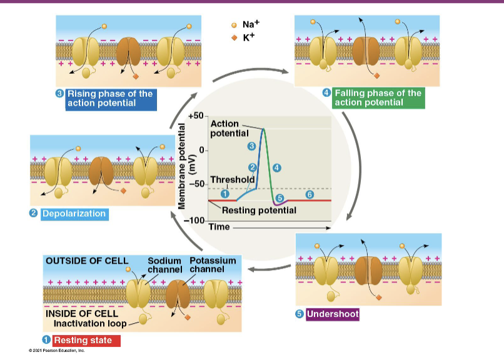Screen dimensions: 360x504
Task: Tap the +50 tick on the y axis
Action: click(196, 116)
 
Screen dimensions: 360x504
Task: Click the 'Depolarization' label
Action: click(74, 214)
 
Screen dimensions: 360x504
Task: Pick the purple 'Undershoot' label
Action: click(332, 314)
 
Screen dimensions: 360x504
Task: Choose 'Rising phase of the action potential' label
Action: click(110, 98)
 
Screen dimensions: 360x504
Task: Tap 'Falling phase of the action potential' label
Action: click(378, 98)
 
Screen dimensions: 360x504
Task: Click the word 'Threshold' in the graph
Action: click(233, 179)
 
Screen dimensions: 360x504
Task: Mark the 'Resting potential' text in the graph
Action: click(259, 210)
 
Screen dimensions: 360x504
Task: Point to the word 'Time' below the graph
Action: click(219, 227)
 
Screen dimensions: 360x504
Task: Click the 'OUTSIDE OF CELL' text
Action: click(86, 261)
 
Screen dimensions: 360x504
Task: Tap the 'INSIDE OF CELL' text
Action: click(82, 313)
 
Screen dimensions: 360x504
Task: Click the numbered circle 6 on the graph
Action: click(309, 194)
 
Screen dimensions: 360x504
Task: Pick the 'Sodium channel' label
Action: click(164, 264)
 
